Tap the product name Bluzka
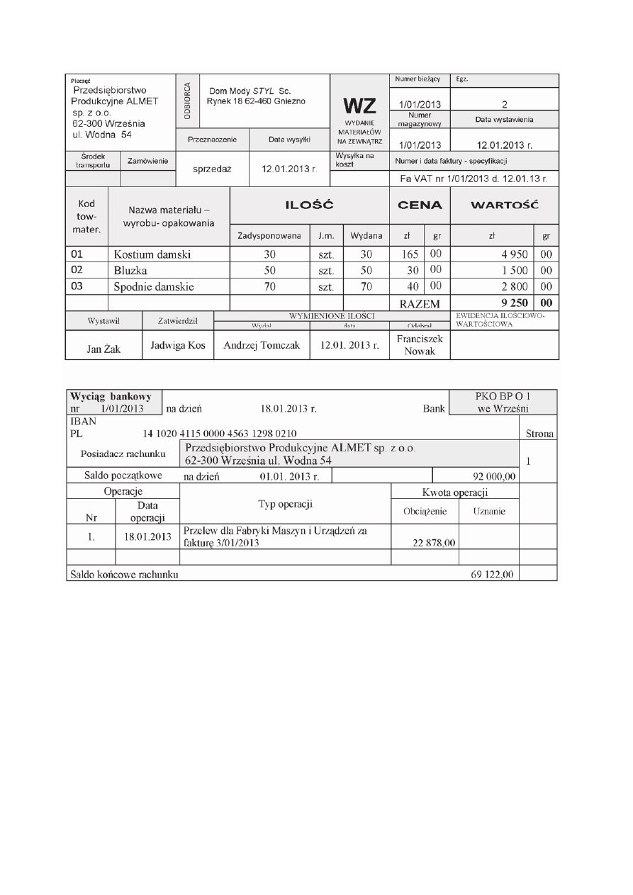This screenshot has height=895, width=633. coord(130,270)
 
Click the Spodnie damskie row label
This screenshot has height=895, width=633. coord(155,287)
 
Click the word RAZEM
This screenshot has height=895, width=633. coord(420,304)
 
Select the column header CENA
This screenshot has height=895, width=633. coord(420,206)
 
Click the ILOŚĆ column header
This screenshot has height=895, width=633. coord(309,206)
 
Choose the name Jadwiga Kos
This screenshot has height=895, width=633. coord(178,345)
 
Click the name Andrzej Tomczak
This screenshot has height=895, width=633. coord(262,345)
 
